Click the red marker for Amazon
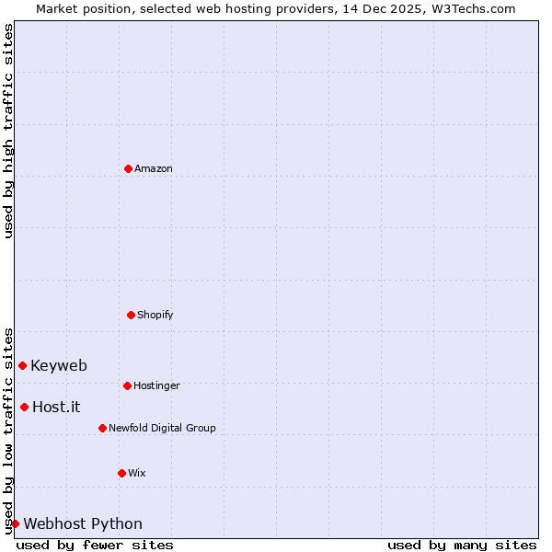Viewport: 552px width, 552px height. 128,168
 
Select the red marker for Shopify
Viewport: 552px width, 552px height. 131,315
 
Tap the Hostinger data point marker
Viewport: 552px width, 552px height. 127,385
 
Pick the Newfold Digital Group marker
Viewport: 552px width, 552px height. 102,428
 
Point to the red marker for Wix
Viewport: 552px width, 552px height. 121,473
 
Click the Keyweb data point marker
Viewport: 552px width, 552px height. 22,365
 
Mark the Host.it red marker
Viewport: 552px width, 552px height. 24,407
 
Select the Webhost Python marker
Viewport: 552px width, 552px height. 15,523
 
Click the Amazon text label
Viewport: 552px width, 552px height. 154,168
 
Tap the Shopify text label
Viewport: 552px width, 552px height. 155,315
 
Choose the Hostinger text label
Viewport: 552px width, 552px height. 156,385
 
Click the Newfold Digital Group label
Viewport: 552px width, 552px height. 162,428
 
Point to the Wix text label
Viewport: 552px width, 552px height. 137,473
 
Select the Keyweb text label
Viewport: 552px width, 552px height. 59,365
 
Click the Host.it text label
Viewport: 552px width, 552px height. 56,407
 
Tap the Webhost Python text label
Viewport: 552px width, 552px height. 83,523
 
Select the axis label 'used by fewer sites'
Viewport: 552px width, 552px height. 95,545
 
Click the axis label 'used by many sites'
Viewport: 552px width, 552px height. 462,545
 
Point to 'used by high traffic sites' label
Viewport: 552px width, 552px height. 8,131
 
